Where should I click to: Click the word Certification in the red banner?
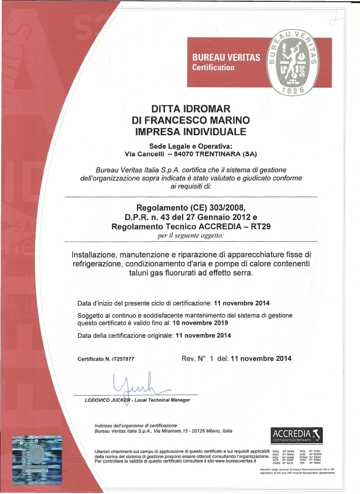pos(214,68)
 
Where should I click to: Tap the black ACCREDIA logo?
pos(297,435)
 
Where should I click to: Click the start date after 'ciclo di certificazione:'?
pos(242,303)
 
